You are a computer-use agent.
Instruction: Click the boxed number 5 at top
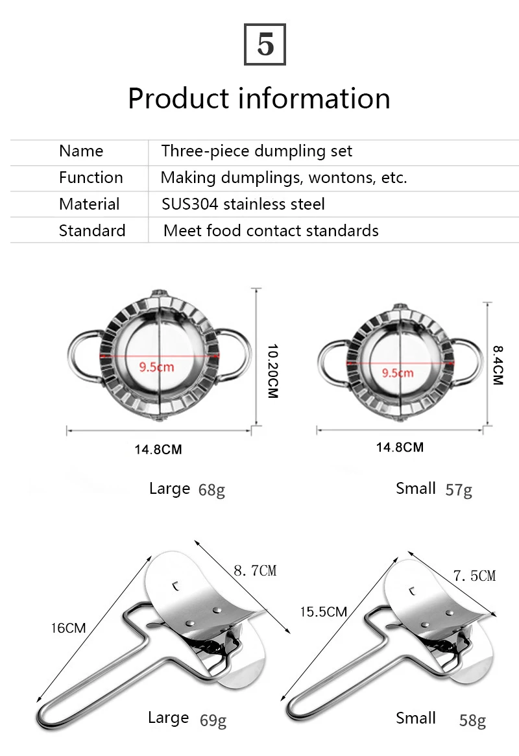point(265,43)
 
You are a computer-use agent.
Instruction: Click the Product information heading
point(259,98)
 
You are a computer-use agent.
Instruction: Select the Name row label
point(81,151)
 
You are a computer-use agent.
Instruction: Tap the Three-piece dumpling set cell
point(257,151)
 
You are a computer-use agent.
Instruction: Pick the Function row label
point(91,178)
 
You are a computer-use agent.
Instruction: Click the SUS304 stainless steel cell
point(243,204)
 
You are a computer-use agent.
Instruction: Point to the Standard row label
point(92,230)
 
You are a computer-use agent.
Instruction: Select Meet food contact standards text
point(271,230)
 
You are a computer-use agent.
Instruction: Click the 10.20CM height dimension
point(272,371)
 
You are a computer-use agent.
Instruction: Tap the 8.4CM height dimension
point(497,365)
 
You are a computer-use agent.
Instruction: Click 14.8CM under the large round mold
point(158,449)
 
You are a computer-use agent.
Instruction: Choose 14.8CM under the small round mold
point(400,447)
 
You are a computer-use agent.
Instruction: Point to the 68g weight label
point(211,489)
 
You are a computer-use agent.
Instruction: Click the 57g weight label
point(459,489)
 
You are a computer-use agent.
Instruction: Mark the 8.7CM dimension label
point(255,570)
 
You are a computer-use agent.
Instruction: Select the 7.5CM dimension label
point(474,576)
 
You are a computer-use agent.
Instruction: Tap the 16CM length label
point(69,628)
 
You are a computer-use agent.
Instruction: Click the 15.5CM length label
point(323,611)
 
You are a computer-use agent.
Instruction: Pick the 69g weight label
point(213,720)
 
